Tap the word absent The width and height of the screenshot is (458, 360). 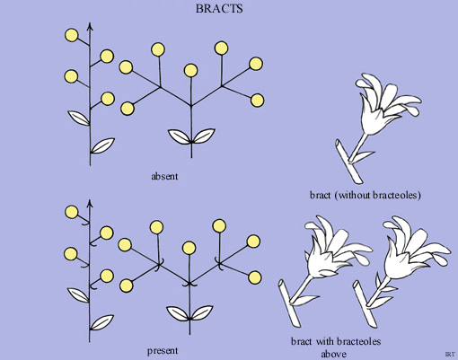(x=166, y=175)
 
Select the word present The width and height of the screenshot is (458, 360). (x=165, y=349)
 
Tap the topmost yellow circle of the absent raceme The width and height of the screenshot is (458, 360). (x=71, y=35)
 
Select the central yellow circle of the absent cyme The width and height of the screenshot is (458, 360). (x=190, y=70)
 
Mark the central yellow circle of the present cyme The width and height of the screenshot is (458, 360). (x=189, y=247)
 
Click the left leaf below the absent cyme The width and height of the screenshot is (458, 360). (x=179, y=137)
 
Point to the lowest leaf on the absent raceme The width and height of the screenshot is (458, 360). (x=105, y=144)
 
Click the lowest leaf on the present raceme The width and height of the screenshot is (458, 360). (x=105, y=320)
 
